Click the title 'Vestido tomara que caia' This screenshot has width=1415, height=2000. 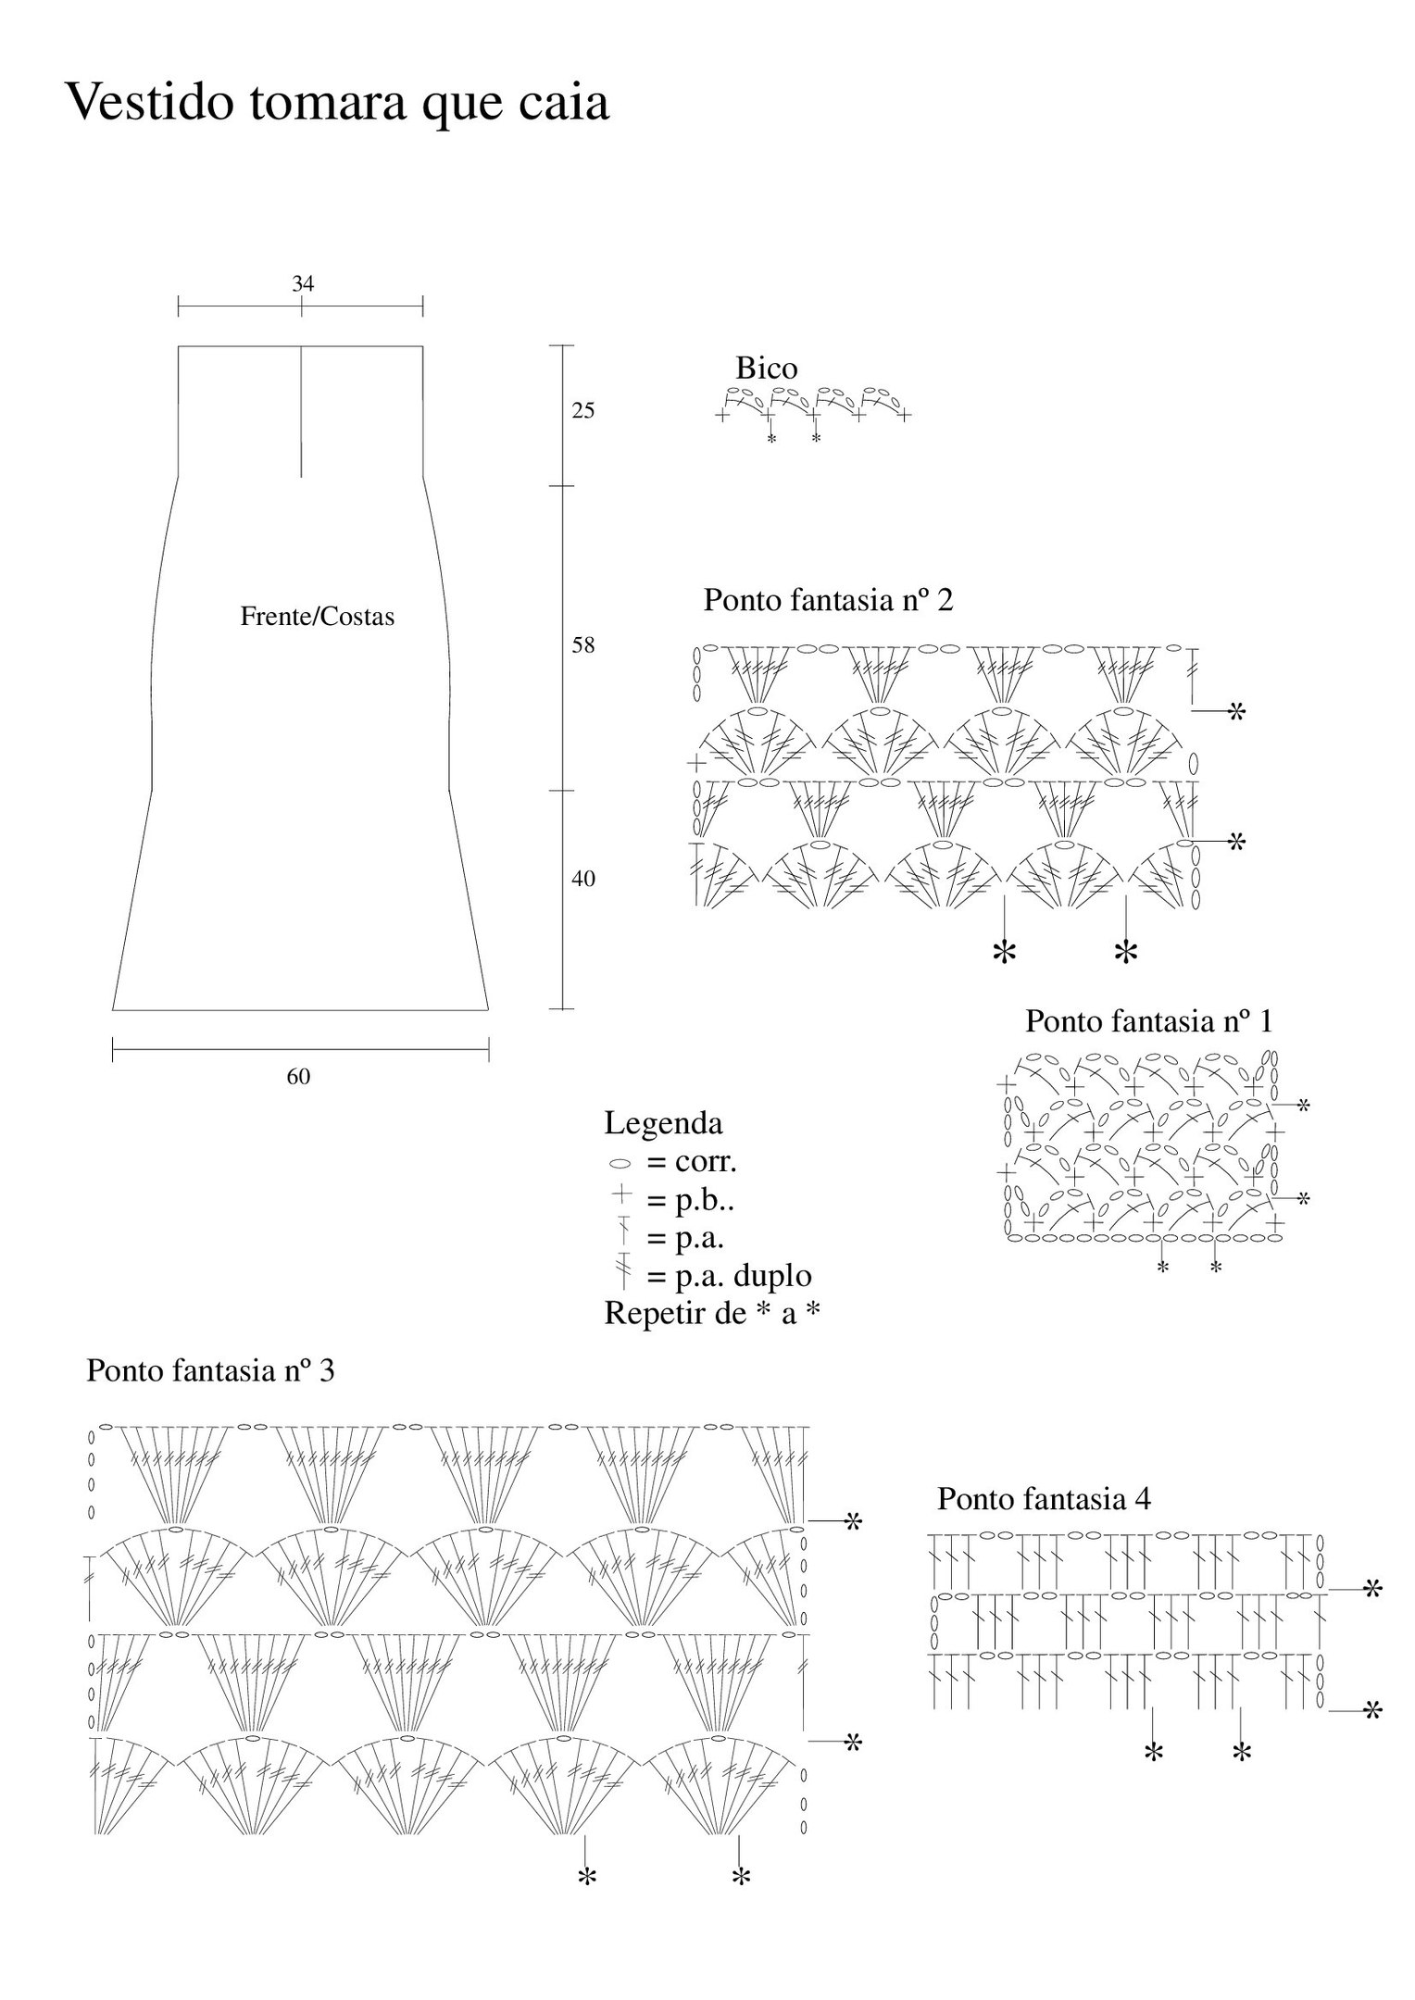coord(337,102)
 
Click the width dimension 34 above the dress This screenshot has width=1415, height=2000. coord(303,283)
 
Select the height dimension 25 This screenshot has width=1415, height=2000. coord(582,410)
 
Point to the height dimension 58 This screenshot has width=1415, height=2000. coord(582,645)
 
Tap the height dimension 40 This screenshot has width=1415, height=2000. coord(582,878)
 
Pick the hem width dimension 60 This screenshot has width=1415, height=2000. coord(298,1076)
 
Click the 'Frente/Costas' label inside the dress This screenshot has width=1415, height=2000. coord(318,617)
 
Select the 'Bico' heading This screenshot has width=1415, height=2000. coord(767,368)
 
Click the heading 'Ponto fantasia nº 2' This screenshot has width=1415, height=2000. coord(829,599)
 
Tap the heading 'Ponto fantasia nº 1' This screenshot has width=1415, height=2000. coord(1149,1020)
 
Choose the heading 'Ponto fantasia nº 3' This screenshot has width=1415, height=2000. coord(210,1369)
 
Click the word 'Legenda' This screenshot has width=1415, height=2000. coord(663,1122)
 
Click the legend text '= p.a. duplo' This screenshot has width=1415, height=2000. coord(730,1275)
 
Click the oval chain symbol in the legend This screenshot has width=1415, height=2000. coord(620,1163)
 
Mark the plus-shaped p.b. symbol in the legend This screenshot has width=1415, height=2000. coord(622,1196)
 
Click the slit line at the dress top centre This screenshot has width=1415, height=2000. coord(302,412)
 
